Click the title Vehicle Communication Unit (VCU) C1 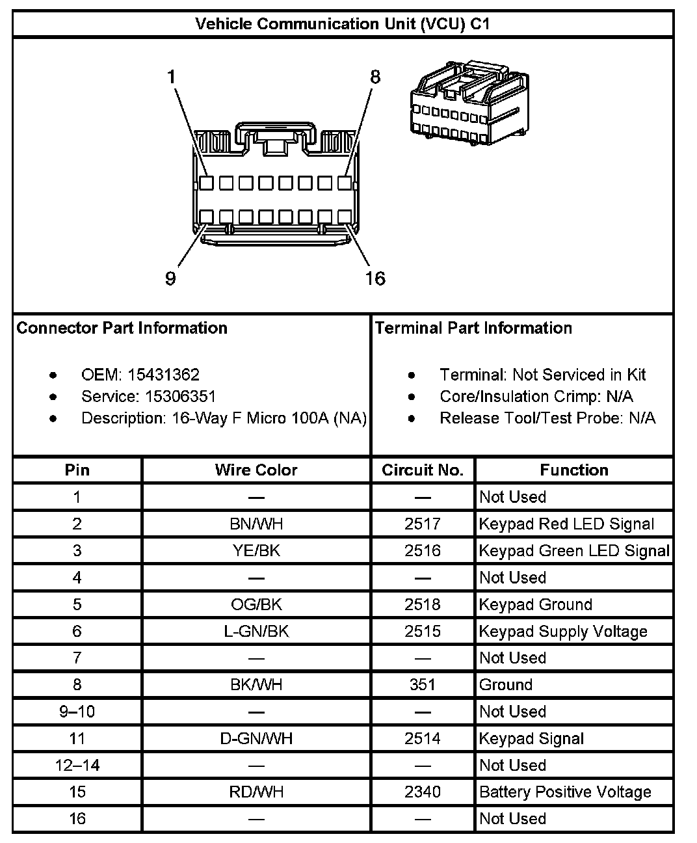tap(343, 24)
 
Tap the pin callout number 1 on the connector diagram tap(172, 77)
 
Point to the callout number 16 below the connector tap(375, 279)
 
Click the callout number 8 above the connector tap(375, 77)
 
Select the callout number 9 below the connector tap(170, 279)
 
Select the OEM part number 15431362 tap(163, 375)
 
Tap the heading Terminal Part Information tap(473, 328)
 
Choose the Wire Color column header tap(256, 470)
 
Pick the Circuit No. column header tap(423, 470)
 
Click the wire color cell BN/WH tap(256, 524)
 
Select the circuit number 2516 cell tap(423, 551)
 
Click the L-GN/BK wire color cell tap(256, 631)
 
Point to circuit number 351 tap(423, 684)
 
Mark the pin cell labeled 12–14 tap(77, 765)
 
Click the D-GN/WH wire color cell tap(256, 738)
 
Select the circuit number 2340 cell tap(423, 792)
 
